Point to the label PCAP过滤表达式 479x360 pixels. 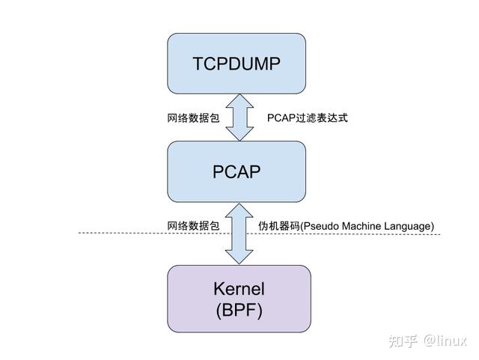tap(308, 118)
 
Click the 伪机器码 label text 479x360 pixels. tap(278, 225)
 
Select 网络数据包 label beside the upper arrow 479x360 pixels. tap(193, 118)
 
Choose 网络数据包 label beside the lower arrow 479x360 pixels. tap(193, 225)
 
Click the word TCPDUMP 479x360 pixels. tap(237, 64)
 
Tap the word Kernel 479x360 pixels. tap(239, 289)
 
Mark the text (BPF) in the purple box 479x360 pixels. tap(238, 310)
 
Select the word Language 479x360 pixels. tap(410, 225)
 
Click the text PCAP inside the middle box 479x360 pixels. tap(237, 171)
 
